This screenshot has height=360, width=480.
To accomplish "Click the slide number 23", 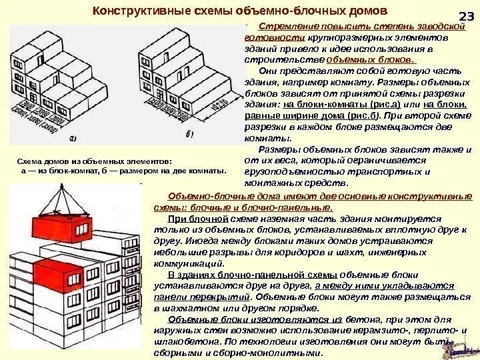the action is tap(466, 18).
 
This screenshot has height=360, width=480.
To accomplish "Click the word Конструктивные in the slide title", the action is tap(129, 11).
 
